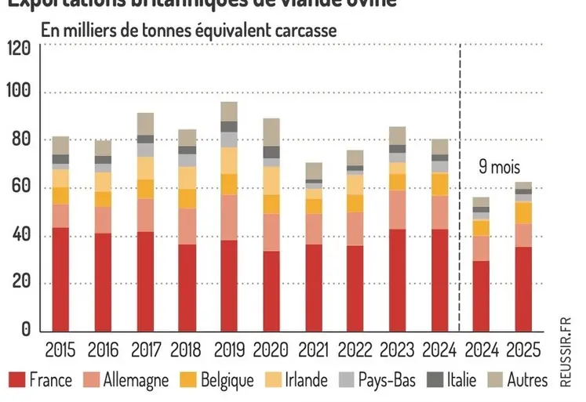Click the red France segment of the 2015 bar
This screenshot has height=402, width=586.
pyautogui.click(x=61, y=279)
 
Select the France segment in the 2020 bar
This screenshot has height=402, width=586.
pyautogui.click(x=271, y=291)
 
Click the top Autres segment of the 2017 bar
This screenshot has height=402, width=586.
pyautogui.click(x=145, y=124)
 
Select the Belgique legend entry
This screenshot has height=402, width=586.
pyautogui.click(x=216, y=381)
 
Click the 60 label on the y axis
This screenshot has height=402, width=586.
pyautogui.click(x=22, y=188)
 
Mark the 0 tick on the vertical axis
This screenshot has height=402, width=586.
pyautogui.click(x=25, y=330)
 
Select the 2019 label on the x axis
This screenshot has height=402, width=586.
pyautogui.click(x=229, y=349)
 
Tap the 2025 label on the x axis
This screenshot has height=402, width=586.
pyautogui.click(x=522, y=349)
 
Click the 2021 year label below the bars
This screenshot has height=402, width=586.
pyautogui.click(x=314, y=349)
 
